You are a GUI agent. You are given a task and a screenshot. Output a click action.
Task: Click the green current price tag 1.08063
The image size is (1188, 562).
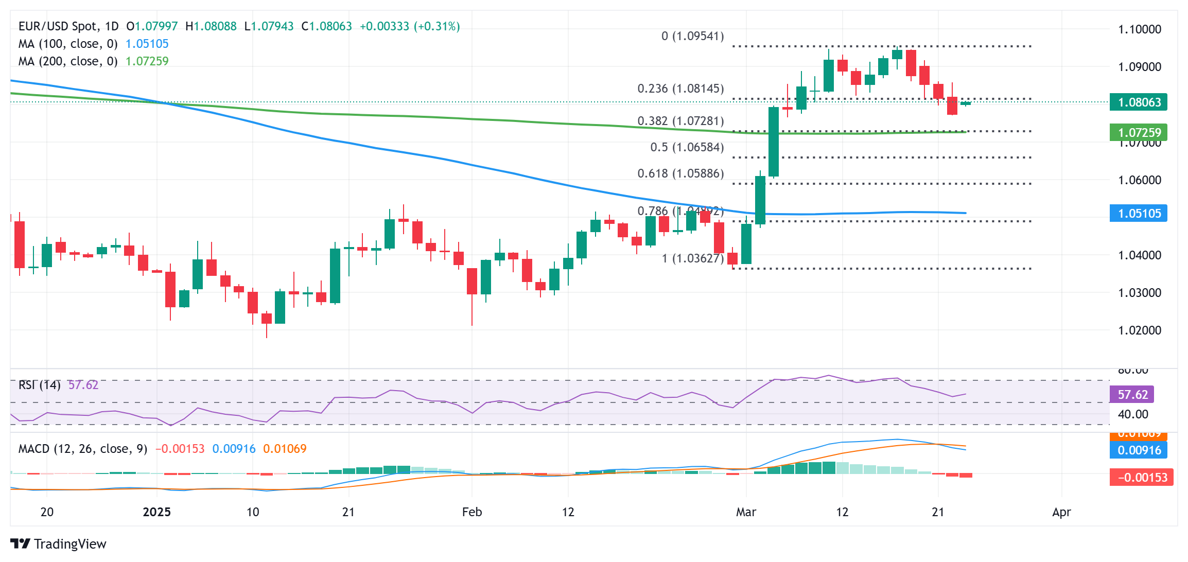coord(1138,102)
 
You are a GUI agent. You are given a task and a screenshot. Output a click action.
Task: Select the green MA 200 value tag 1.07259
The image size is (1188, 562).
coord(1138,132)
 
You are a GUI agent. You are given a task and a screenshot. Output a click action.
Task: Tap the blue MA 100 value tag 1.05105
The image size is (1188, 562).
coord(1138,213)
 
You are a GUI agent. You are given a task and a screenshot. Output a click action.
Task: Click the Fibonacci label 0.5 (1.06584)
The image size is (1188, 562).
coord(687,147)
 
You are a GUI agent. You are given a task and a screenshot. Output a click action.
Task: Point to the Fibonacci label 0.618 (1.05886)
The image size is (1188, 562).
coord(680,173)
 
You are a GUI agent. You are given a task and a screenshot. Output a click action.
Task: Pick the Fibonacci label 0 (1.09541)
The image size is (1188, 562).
coord(692,36)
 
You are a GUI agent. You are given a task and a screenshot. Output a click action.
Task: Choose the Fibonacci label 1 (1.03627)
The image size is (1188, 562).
coord(692,258)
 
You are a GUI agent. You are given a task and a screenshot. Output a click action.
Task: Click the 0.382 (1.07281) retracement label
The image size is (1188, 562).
coord(680,121)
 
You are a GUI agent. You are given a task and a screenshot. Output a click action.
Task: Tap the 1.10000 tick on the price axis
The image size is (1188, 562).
coord(1139,29)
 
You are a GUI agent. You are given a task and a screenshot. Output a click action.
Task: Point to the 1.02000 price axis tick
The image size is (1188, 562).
coord(1139,330)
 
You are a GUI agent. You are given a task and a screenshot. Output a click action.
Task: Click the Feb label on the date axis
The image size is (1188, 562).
coord(471,512)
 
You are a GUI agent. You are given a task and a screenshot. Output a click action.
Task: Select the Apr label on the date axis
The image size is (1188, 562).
coord(1061,512)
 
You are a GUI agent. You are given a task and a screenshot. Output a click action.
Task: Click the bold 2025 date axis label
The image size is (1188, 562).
coord(156,512)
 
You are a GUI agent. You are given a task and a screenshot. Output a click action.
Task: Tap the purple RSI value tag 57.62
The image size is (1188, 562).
coord(1132,395)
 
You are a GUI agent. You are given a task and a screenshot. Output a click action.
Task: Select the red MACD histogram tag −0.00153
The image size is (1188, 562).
coord(1141,477)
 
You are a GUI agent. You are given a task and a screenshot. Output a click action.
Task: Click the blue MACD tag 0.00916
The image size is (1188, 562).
coord(1138,450)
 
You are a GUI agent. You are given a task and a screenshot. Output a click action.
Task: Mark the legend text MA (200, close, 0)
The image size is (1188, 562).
coord(68,61)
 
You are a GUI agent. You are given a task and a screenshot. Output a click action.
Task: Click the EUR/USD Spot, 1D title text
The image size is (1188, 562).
coord(68,26)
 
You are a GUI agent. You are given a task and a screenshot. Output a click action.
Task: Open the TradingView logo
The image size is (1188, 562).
coord(58,543)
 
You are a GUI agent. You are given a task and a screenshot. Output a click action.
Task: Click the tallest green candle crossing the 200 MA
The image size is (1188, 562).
coord(773,142)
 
